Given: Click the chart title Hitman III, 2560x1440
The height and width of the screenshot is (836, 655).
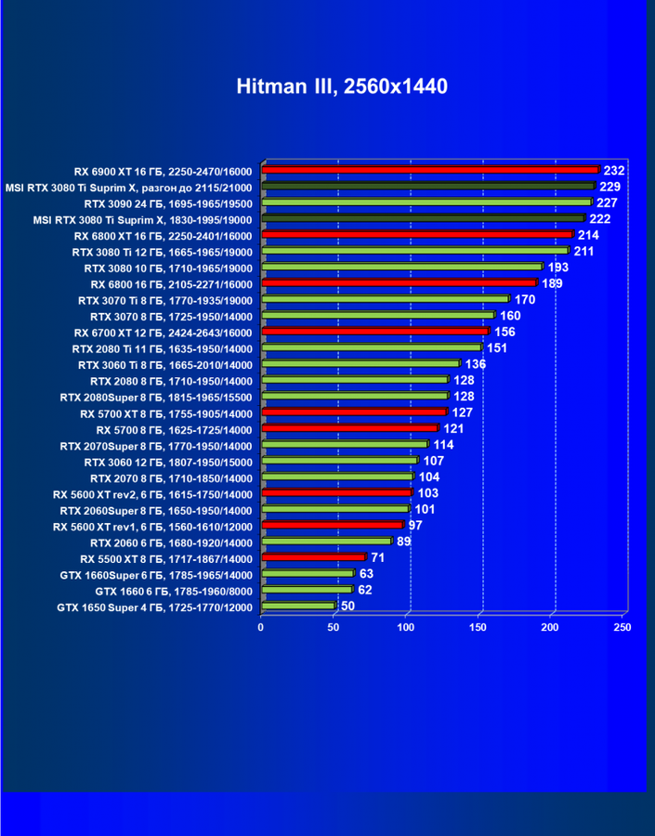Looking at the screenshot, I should (342, 87).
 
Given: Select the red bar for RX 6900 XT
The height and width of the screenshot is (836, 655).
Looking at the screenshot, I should (430, 170).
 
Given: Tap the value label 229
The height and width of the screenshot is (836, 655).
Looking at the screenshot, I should (610, 187).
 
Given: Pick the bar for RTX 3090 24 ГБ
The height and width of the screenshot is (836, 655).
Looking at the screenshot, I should (426, 202).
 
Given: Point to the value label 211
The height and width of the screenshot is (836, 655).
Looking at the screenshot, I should (584, 251).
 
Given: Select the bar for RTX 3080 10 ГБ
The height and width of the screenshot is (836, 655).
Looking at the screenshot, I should (401, 267).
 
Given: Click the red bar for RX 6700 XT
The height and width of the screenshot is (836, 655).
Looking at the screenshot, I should (375, 332).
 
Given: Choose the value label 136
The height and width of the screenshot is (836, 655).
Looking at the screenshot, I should (476, 364).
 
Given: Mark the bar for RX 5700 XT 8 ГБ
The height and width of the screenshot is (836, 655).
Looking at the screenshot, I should (354, 412).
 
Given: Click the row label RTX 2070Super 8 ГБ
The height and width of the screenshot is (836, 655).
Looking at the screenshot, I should (156, 445).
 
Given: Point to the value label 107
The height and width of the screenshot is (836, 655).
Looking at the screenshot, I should (434, 461).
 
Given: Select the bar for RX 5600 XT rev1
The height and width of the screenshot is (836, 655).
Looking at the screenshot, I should (333, 526).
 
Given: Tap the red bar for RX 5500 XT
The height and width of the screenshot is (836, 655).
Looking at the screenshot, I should (314, 558).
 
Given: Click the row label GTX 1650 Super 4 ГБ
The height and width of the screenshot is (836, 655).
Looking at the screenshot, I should (154, 607).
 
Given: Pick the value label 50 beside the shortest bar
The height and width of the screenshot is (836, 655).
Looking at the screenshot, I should (348, 607).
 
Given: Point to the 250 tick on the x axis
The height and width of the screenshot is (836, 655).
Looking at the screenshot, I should (623, 628).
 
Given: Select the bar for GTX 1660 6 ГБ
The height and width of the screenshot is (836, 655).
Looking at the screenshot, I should (308, 590).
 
